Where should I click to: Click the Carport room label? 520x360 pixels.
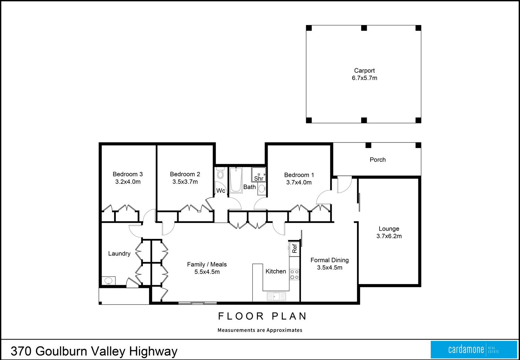point(364,70)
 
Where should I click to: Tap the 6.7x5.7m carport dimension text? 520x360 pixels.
point(364,78)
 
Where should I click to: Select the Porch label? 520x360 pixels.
point(378,160)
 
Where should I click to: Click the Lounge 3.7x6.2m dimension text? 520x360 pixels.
point(389,236)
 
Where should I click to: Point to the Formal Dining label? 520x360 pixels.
point(329,260)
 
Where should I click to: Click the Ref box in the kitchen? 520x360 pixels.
point(294,248)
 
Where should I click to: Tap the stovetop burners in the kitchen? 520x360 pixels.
point(294,274)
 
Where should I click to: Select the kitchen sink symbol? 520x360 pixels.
point(276,297)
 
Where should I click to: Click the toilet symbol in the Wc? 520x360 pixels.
point(220,173)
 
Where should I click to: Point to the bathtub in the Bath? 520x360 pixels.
point(236,180)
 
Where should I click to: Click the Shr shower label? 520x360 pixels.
point(259,178)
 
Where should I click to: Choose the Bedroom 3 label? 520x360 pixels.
point(128,174)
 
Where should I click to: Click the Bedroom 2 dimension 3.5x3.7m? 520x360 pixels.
point(185,182)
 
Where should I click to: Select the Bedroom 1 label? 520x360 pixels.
point(299,175)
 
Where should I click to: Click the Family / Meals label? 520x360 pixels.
point(207,264)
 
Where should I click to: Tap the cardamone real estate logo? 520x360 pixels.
point(474,350)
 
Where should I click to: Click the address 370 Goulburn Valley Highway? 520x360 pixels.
point(94,351)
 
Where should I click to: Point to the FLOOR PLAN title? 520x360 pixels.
point(262,316)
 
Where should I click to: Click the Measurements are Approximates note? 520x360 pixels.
point(260,330)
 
